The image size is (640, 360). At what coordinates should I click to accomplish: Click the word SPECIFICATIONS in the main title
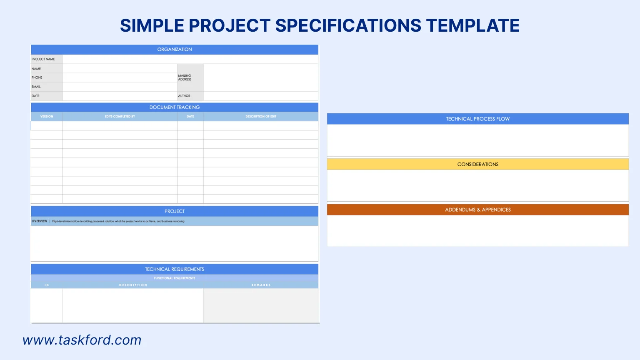coord(348,25)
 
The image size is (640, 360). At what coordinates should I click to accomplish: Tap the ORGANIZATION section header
coord(175,50)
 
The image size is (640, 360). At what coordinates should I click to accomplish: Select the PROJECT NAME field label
coord(43,59)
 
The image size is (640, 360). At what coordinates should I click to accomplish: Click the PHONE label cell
coord(37,77)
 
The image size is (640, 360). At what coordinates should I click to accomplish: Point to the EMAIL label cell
coord(36,87)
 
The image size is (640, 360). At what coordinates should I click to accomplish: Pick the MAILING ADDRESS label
coord(185,77)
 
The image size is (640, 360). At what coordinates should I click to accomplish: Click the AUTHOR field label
coord(184,96)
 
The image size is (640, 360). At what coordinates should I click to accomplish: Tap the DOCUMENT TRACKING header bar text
coord(175,107)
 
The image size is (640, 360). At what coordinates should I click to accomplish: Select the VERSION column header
coord(47,117)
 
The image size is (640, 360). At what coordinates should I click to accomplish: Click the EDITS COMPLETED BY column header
coord(120,117)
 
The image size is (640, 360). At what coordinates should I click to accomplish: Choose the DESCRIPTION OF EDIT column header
coord(261,117)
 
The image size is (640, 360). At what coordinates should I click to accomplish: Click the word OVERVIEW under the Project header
coord(40,221)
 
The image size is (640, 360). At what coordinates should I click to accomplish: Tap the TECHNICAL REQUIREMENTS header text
coord(175,269)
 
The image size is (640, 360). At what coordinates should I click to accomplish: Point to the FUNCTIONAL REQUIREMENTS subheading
coord(175,278)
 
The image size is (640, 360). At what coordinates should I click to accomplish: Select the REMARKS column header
coord(261,285)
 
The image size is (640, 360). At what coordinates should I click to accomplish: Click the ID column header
coord(47,285)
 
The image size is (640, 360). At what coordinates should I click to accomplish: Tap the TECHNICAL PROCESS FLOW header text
coord(478,119)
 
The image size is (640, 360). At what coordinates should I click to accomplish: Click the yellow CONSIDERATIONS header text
coord(478,165)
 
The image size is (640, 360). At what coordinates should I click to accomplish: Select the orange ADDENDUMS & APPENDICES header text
coord(478,210)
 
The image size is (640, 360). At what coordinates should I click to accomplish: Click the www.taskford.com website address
coord(82,340)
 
